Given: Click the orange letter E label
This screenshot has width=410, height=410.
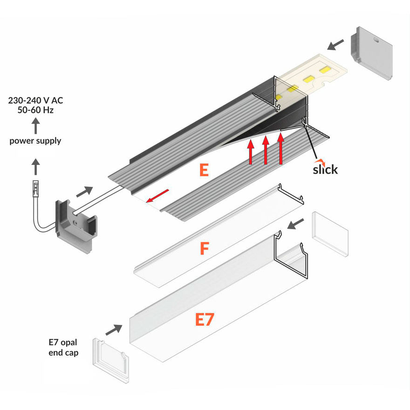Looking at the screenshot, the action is click(x=204, y=170).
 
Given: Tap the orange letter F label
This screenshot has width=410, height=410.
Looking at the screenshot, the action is click(x=205, y=248).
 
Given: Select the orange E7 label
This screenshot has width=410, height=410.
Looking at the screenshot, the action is click(x=205, y=319).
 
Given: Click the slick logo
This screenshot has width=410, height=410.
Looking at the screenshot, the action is click(x=325, y=167).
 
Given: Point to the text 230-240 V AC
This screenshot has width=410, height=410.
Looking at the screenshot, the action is click(x=35, y=101).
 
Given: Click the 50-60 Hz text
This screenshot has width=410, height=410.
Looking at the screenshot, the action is click(x=35, y=110).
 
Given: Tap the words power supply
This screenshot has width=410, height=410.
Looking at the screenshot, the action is click(x=35, y=141).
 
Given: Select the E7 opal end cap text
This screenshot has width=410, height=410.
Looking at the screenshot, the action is click(x=63, y=347).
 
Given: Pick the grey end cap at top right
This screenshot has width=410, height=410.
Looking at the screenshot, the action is click(x=371, y=53).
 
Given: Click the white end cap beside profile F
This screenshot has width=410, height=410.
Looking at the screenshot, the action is click(x=330, y=234).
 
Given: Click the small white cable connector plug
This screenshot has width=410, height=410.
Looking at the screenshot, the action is click(x=35, y=189).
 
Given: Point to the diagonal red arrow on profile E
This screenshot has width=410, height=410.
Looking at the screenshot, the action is click(x=157, y=196).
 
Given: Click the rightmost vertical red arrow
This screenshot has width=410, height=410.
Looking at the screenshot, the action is click(x=281, y=149).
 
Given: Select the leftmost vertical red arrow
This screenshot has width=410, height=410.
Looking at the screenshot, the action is click(x=251, y=152).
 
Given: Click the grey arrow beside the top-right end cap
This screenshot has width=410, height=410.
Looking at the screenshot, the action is click(x=335, y=45).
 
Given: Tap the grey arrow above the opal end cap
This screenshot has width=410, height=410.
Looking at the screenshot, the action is click(x=114, y=330).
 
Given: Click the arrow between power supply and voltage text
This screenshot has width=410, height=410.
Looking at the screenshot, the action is click(x=35, y=126).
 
